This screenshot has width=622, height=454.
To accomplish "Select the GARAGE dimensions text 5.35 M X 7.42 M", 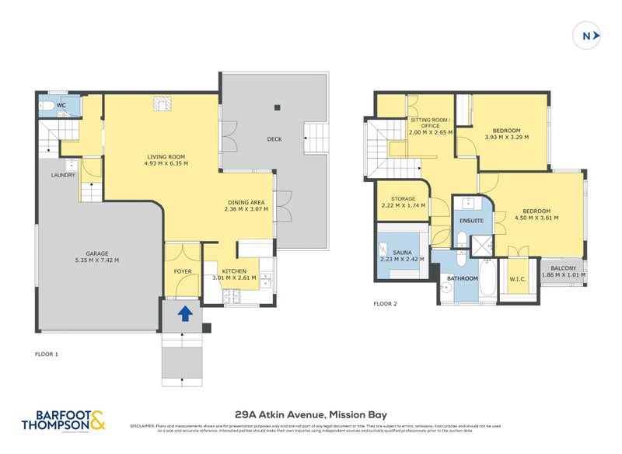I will pos(96,260).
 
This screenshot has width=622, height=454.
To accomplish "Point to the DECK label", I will pos(274,140).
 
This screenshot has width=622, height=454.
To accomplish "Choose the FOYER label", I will pos(183,272).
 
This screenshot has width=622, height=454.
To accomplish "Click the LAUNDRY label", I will pos(64,175).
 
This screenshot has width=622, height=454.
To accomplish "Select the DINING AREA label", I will pos(245,202).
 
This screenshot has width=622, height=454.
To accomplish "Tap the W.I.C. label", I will pos(519,280).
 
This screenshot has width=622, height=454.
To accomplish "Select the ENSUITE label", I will pos(472,221).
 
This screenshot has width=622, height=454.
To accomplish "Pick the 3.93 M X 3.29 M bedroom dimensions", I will pos(506,137).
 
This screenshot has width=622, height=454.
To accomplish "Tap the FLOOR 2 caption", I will pos(385,304).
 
